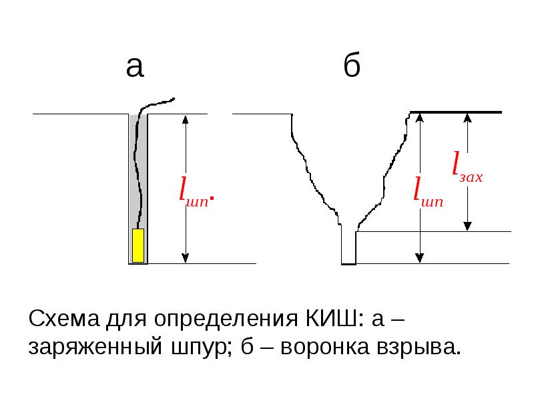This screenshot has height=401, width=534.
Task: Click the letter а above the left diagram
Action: coord(135,67)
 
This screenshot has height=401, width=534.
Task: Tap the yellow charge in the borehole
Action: coord(138,245)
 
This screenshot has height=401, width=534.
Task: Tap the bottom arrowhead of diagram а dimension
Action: coord(186,257)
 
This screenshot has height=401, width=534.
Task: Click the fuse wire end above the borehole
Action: coord(173,100)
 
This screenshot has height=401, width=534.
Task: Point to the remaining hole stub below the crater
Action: coord(348,249)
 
